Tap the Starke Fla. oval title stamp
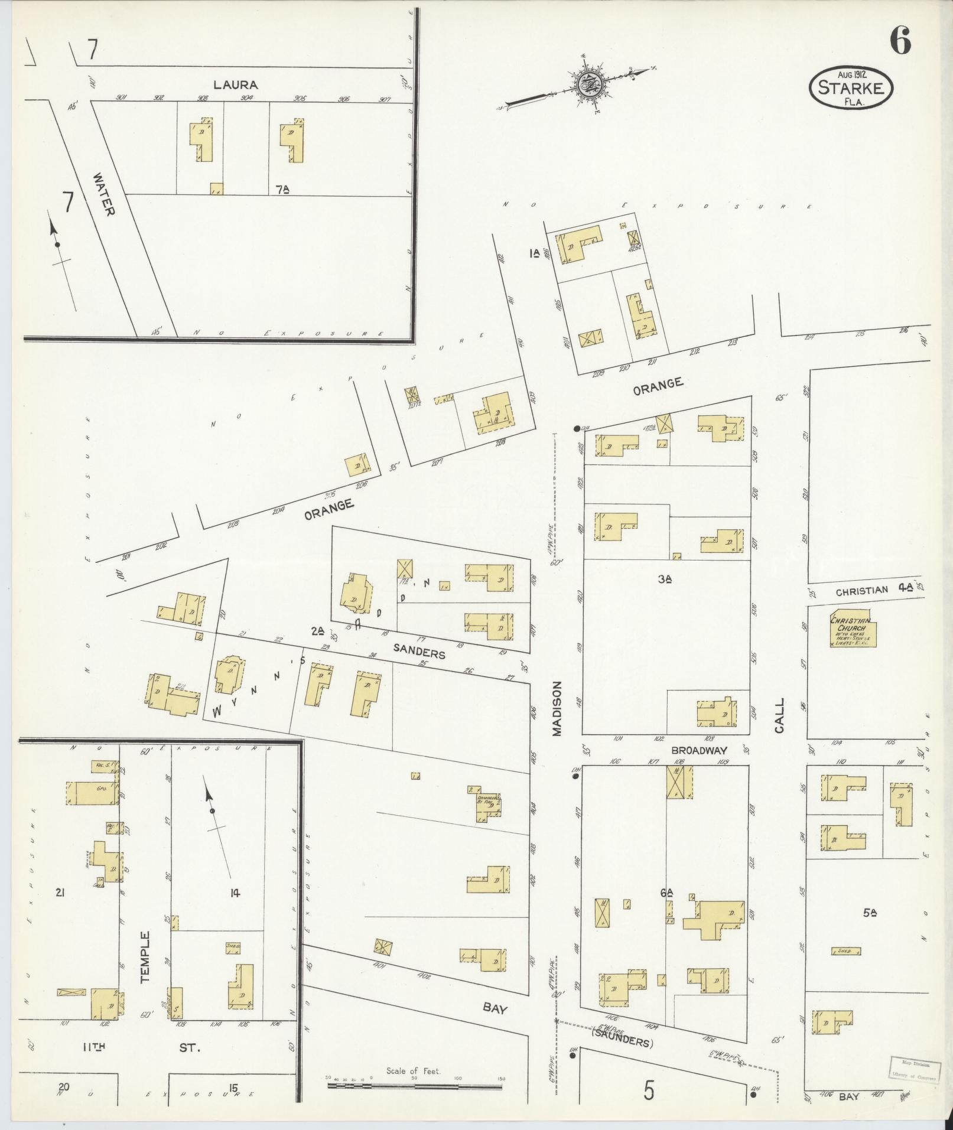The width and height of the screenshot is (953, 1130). [851, 87]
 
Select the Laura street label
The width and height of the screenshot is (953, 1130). [235, 84]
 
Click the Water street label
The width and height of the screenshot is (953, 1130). [103, 194]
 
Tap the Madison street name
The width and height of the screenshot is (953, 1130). [557, 709]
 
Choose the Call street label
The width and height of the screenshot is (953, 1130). [779, 715]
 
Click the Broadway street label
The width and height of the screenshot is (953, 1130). [698, 750]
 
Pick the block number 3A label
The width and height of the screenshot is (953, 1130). [665, 579]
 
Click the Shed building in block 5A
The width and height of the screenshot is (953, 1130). [845, 951]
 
